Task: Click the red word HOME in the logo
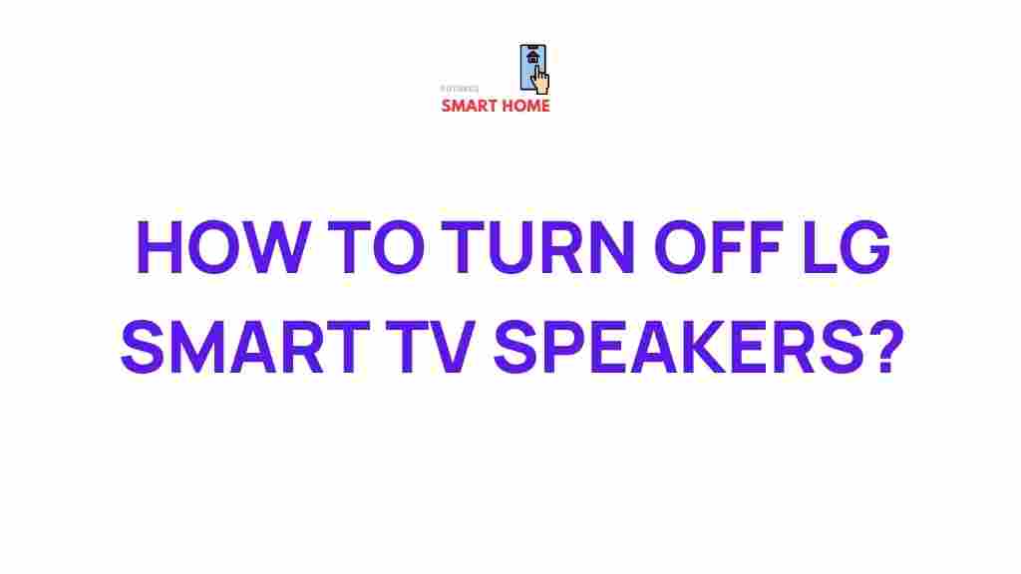point(523,106)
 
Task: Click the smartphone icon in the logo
point(532,65)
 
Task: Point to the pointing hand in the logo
point(541,79)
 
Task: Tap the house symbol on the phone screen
point(532,58)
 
